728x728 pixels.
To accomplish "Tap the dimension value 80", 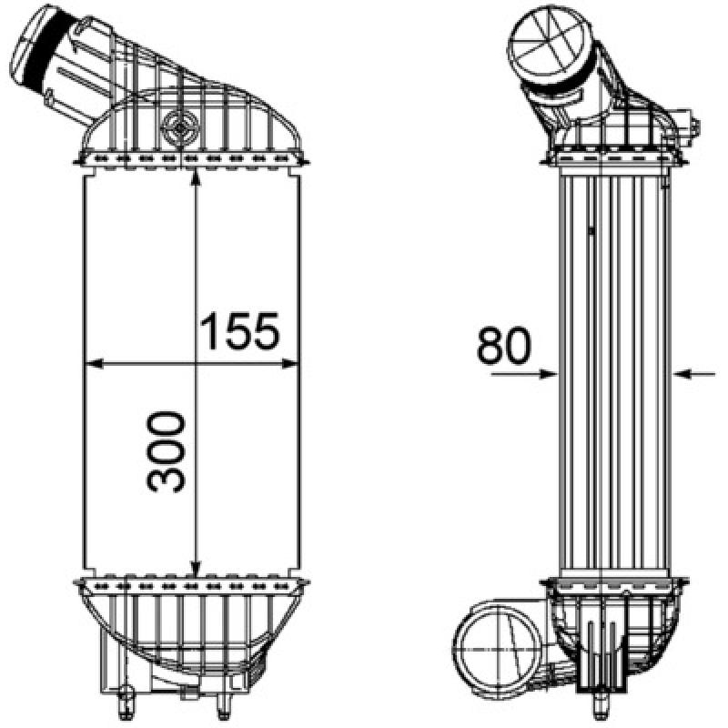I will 503,346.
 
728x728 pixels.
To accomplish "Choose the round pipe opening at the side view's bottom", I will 494,648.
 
